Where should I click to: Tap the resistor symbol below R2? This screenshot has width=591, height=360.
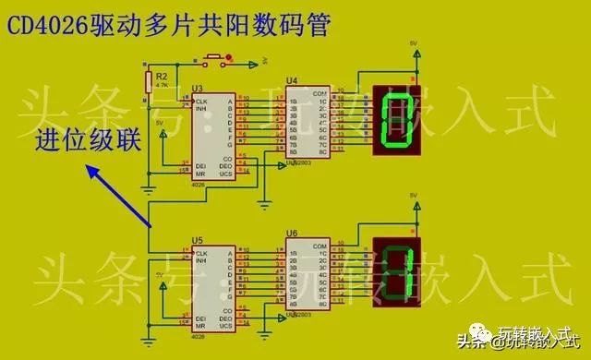click(148, 80)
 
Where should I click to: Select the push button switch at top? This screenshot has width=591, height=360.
click(212, 60)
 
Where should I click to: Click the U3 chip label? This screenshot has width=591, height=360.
click(197, 89)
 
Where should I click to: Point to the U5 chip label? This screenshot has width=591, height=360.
click(197, 241)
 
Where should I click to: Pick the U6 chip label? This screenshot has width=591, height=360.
click(292, 234)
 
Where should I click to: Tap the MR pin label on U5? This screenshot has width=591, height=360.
click(200, 326)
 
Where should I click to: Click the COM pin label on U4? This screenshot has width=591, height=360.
click(320, 93)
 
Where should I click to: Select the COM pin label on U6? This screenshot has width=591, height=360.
click(320, 246)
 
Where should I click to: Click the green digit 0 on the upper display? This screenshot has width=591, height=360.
click(396, 118)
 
